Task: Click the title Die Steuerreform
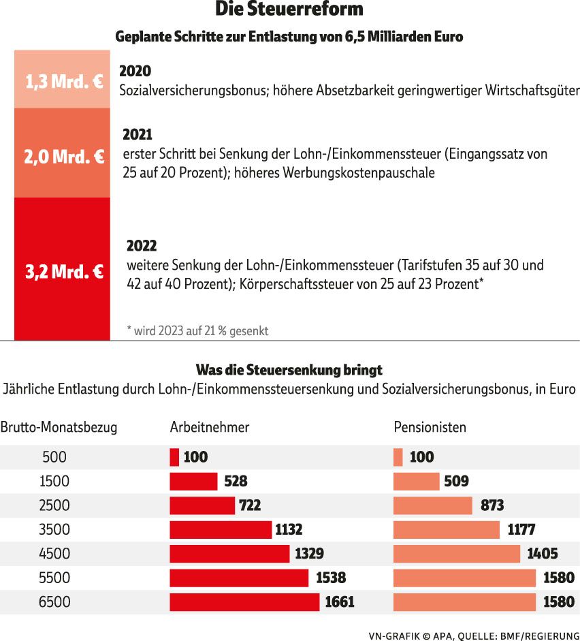289,10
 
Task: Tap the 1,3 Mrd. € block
62,80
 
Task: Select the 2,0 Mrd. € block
62,154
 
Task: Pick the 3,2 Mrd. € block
62,269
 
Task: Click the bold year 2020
135,71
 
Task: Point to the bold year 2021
138,135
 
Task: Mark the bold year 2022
142,246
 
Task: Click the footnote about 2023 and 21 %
197,331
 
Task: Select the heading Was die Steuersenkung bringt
289,370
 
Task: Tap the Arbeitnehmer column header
210,428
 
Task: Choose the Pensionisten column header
430,428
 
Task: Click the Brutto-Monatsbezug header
59,428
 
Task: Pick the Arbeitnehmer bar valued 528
193,482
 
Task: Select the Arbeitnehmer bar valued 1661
244,602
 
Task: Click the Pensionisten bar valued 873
433,505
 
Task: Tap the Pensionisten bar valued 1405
457,554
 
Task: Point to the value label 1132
289,529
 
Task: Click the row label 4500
54,554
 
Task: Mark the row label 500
54,457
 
